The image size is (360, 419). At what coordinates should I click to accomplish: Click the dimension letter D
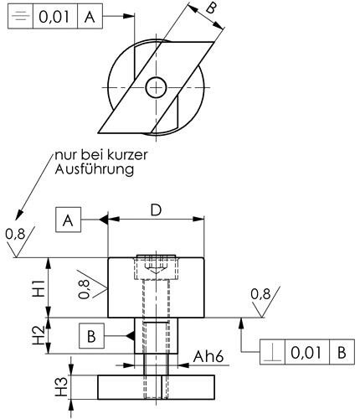click(156, 210)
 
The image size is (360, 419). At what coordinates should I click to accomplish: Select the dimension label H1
click(39, 287)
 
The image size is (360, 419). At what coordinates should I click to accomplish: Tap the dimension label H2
click(39, 336)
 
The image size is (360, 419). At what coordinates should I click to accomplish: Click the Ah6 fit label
click(210, 357)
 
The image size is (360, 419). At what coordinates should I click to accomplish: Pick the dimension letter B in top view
click(211, 12)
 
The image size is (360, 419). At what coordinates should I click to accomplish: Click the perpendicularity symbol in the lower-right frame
click(274, 353)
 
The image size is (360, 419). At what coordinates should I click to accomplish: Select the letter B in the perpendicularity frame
click(342, 353)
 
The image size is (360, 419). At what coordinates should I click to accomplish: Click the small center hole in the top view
click(156, 86)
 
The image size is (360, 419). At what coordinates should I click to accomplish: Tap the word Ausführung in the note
click(95, 170)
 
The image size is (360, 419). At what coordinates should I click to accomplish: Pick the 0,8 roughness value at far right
click(261, 294)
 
